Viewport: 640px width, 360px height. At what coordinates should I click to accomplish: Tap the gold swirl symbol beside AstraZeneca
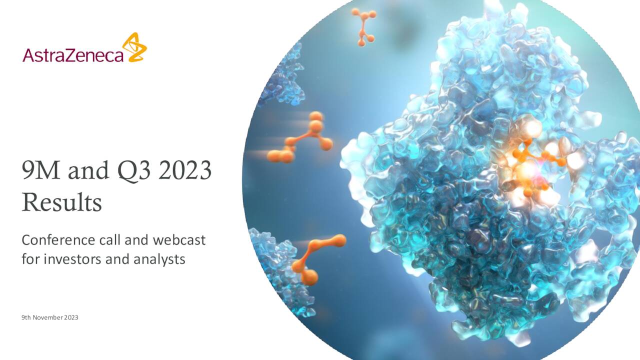pyautogui.click(x=134, y=47)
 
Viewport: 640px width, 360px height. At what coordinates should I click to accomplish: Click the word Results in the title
pyautogui.click(x=61, y=202)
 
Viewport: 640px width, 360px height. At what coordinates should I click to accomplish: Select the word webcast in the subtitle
pyautogui.click(x=179, y=240)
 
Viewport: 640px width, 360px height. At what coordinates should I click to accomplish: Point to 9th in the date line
pyautogui.click(x=26, y=317)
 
